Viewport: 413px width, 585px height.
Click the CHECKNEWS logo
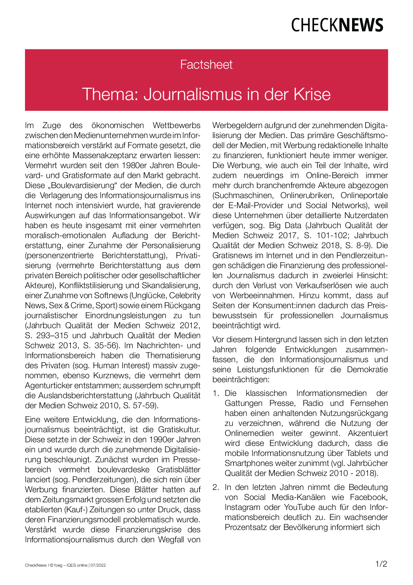(x=337, y=25)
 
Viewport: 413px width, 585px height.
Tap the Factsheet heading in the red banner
(x=206, y=64)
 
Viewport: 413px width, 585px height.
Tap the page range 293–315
(x=51, y=336)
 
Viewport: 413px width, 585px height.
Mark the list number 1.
(x=216, y=393)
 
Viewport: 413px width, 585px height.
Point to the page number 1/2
(x=381, y=564)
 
